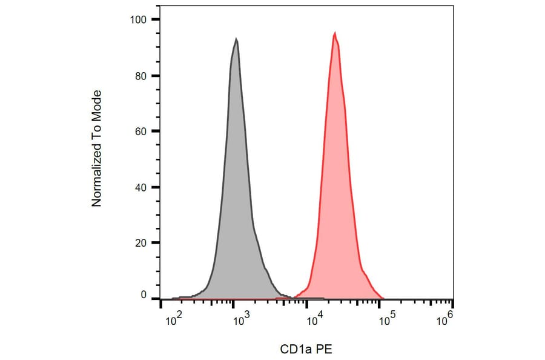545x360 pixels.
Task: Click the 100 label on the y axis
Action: point(139,19)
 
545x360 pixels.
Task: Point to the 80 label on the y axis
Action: point(141,76)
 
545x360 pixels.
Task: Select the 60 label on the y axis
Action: point(141,131)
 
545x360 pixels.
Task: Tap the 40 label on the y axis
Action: point(141,187)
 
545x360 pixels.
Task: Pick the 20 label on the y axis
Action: point(141,243)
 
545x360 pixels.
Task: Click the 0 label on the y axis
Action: point(144,295)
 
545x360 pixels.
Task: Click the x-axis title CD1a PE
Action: point(306,349)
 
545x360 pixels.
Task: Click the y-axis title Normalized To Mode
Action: point(97,148)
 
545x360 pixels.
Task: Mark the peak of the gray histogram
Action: point(236,39)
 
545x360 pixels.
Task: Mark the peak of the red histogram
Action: point(334,33)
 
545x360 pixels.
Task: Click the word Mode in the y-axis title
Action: point(97,104)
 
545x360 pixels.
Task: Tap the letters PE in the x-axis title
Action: point(325,349)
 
